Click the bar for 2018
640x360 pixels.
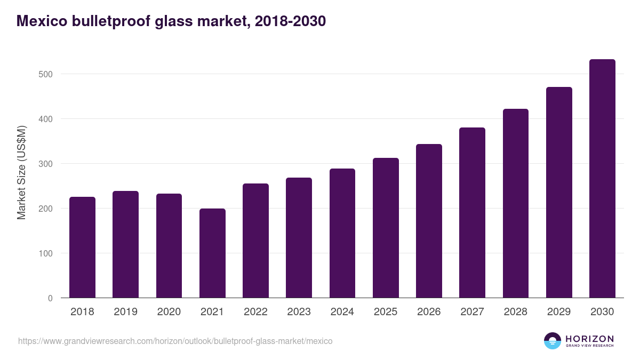click(82, 247)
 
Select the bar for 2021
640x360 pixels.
click(212, 253)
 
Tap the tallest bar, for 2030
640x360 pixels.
click(602, 179)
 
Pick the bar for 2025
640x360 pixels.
click(386, 228)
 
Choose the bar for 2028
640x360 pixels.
click(515, 203)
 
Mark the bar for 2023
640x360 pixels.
click(299, 238)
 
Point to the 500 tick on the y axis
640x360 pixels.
click(46, 74)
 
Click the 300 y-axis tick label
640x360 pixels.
click(46, 164)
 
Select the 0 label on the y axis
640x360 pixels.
click(50, 298)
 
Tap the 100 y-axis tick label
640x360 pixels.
click(46, 253)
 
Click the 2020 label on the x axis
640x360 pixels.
click(169, 312)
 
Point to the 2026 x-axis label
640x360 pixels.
click(429, 312)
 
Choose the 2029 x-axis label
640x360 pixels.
click(559, 312)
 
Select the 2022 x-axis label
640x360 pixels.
click(255, 312)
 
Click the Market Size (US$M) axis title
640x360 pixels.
click(22, 172)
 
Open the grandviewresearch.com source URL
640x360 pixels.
click(175, 341)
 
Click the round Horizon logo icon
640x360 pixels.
click(553, 341)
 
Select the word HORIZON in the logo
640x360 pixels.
click(590, 338)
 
